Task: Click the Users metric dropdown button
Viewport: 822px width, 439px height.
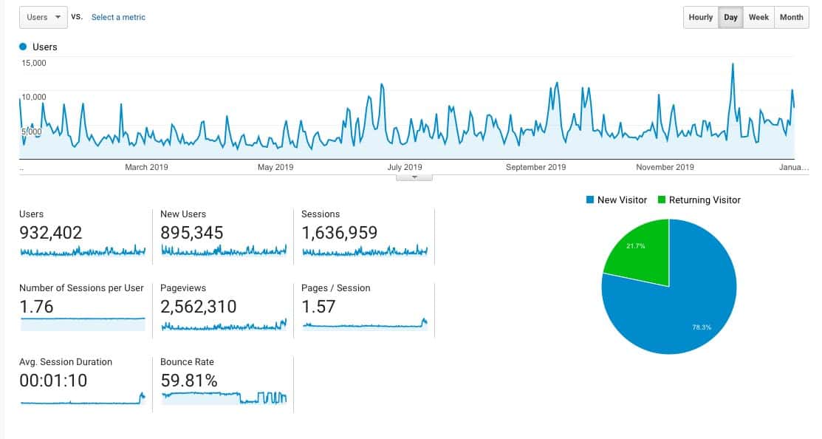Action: [43, 17]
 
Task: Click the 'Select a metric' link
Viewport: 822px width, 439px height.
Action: [118, 17]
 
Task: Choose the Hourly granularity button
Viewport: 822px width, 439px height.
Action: [700, 17]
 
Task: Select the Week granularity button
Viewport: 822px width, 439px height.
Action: [758, 17]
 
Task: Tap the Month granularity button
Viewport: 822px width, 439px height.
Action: [791, 17]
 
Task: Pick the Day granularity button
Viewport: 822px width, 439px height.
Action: [730, 17]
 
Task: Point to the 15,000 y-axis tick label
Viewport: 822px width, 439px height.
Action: [34, 63]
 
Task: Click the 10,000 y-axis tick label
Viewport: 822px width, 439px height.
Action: [34, 97]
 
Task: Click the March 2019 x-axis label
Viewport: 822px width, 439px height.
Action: [146, 167]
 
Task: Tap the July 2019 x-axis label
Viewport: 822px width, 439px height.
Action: [405, 167]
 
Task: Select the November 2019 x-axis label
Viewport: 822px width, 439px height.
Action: [665, 167]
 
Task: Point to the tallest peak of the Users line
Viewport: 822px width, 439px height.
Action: [732, 64]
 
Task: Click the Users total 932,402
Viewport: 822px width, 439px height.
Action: [51, 233]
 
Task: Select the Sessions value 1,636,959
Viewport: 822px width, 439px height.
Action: [340, 233]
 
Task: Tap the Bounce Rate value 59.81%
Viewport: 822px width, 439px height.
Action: [189, 381]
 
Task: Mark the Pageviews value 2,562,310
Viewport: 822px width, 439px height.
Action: [199, 307]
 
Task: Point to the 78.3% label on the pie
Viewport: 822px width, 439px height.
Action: [702, 327]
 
